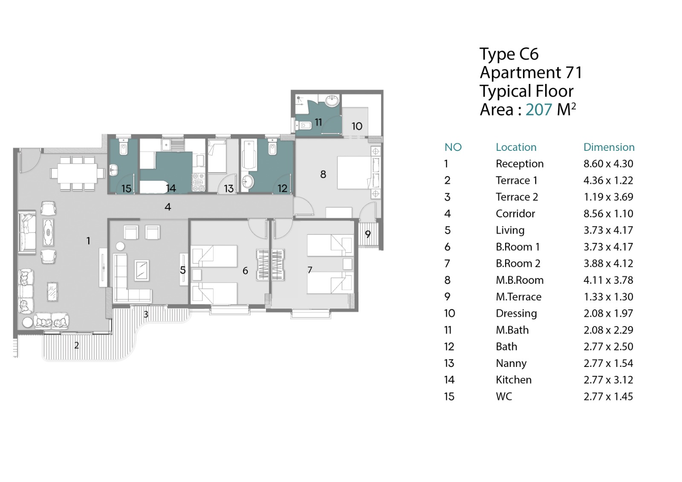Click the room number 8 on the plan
323,174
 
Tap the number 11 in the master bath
318,122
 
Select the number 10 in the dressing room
357,126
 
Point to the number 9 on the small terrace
368,234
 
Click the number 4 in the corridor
168,207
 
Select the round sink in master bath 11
332,101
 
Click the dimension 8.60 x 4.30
608,164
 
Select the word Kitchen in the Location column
513,380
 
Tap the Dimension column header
609,147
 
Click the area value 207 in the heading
539,110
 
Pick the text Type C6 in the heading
509,54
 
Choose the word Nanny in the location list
511,363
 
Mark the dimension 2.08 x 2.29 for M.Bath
608,330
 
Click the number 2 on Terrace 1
76,345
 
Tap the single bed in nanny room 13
217,156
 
